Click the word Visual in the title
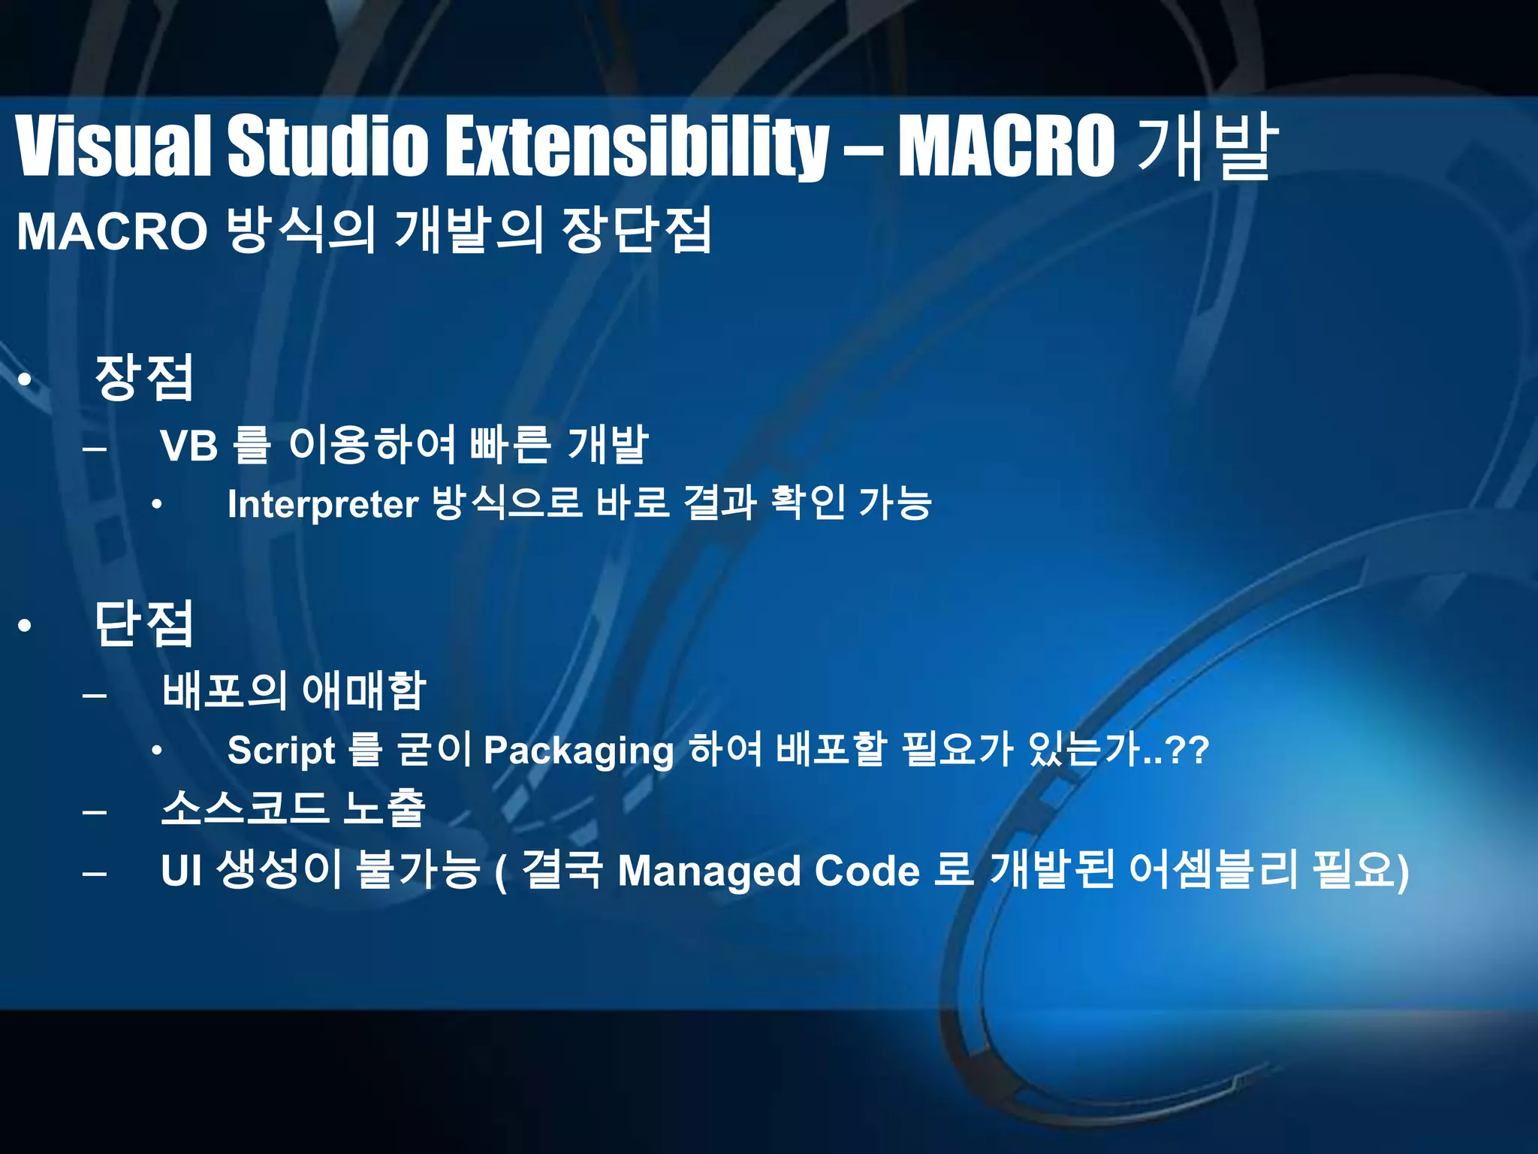pyautogui.click(x=113, y=147)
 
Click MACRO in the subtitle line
pyautogui.click(x=112, y=231)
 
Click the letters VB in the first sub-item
pyautogui.click(x=189, y=446)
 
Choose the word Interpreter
pyautogui.click(x=323, y=505)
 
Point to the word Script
pyautogui.click(x=282, y=751)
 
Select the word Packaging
pyautogui.click(x=578, y=751)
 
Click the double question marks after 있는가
pyautogui.click(x=1190, y=751)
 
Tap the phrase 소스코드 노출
pyautogui.click(x=294, y=808)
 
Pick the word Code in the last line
pyautogui.click(x=867, y=872)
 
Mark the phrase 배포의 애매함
pyautogui.click(x=294, y=691)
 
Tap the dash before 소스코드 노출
pyautogui.click(x=95, y=812)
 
